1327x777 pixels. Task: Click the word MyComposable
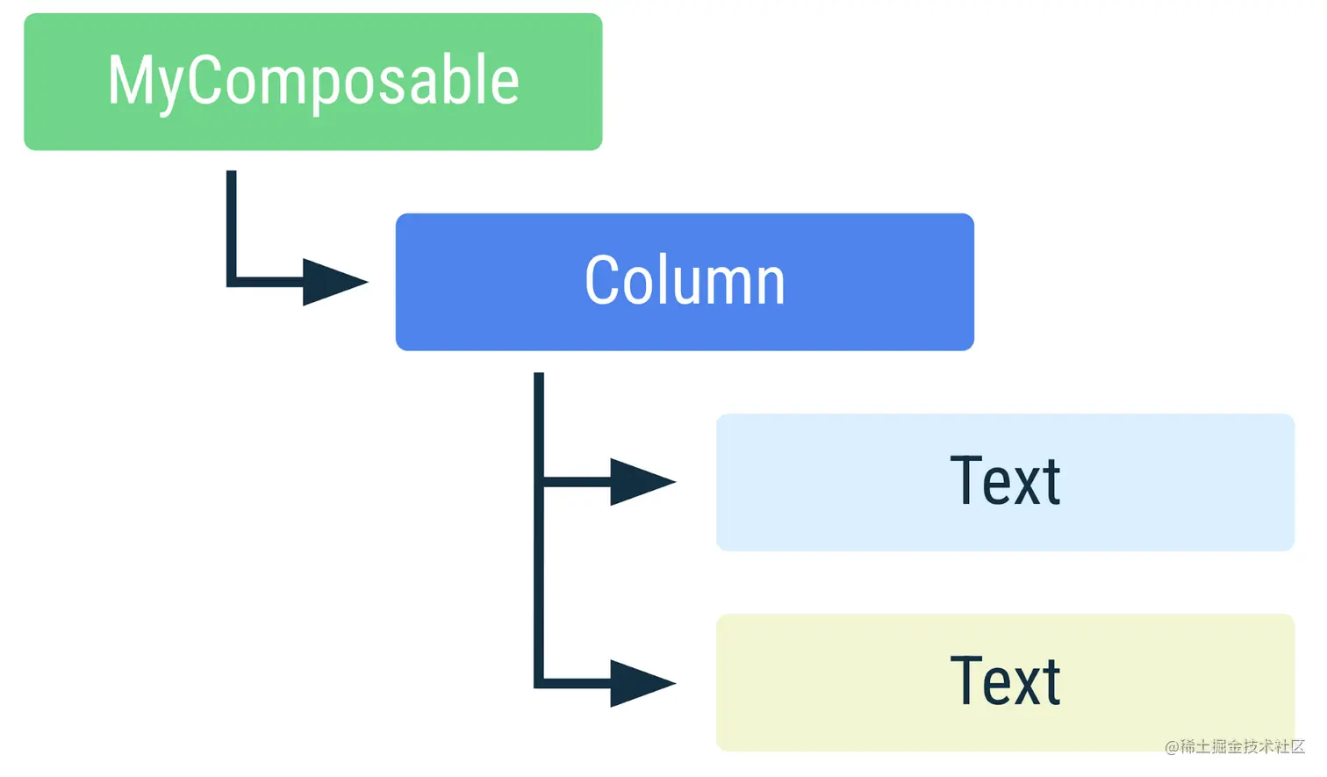(x=312, y=81)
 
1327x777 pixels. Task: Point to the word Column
(x=685, y=281)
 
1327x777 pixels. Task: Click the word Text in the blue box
(x=1005, y=482)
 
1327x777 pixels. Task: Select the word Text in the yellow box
(x=1005, y=682)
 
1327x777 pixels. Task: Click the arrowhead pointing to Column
(x=332, y=282)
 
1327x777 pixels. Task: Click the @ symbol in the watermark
(x=1172, y=747)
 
